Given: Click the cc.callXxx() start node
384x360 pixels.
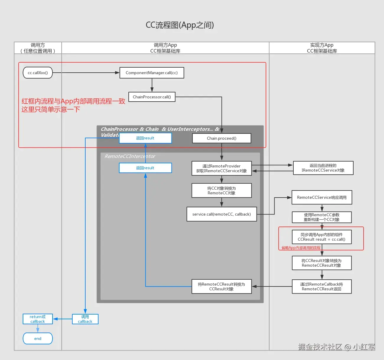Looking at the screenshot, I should click(x=38, y=73).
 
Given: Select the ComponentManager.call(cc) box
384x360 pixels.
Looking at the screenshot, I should click(x=152, y=73).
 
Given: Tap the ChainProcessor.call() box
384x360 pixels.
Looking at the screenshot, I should click(x=152, y=97).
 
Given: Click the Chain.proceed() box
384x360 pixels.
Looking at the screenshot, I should click(x=221, y=138).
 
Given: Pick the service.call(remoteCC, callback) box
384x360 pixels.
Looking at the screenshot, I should click(x=221, y=214).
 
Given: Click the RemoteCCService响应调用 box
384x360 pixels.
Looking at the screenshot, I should click(x=322, y=197).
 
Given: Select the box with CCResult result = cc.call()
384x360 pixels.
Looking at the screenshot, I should click(x=322, y=237).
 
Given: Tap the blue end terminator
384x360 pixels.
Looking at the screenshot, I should click(x=38, y=338).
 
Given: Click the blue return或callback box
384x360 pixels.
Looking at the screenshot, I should click(x=38, y=319).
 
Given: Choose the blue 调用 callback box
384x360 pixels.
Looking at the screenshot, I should click(x=85, y=319).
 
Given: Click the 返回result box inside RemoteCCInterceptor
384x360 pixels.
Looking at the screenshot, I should click(x=145, y=168).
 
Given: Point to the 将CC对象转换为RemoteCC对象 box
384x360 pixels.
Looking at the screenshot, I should click(x=221, y=190).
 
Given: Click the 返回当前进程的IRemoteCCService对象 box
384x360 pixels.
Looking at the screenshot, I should click(x=323, y=168).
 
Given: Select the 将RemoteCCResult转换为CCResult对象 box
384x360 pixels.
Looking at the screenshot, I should click(x=221, y=286).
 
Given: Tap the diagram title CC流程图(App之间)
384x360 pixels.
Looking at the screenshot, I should click(x=180, y=25).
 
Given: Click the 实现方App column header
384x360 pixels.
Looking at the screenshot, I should click(x=322, y=48).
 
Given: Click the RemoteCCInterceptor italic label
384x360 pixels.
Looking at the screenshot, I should click(x=130, y=156).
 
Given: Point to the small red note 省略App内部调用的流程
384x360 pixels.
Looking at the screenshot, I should click(x=301, y=248).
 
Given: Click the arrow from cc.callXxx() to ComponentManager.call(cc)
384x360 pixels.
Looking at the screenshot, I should click(x=86, y=73).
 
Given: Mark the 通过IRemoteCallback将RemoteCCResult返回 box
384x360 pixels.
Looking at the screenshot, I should click(x=322, y=286).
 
